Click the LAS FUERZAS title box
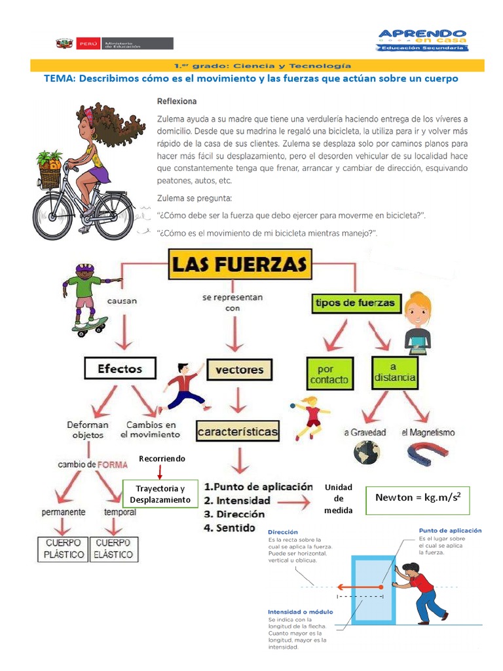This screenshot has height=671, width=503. [239, 265]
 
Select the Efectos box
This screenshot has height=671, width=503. [121, 368]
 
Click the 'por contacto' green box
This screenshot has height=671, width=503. [328, 374]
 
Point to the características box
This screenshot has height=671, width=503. [238, 432]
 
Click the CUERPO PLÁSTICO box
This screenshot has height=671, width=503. [64, 548]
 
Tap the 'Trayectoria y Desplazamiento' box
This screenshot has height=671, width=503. [160, 494]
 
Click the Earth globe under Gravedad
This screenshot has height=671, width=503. [367, 453]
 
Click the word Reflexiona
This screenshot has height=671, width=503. [177, 102]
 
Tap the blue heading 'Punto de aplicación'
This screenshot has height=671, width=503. [450, 530]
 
